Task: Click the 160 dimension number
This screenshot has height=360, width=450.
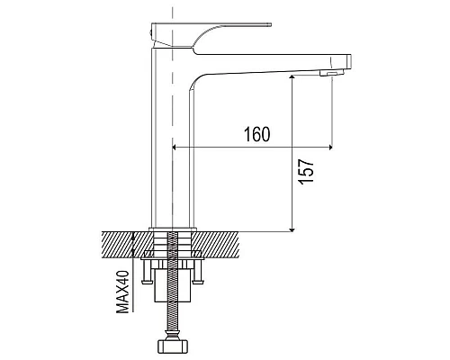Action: click(256, 134)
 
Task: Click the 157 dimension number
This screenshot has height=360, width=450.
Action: click(306, 171)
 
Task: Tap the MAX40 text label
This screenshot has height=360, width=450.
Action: click(122, 292)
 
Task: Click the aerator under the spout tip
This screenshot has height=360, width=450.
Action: click(331, 73)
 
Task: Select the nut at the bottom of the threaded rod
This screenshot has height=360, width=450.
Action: click(173, 347)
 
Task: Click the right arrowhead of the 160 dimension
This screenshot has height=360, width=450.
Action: click(330, 148)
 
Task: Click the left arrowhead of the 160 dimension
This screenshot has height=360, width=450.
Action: click(175, 148)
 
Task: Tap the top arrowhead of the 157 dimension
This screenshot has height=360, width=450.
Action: click(292, 77)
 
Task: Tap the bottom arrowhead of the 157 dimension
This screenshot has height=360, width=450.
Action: click(292, 229)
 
